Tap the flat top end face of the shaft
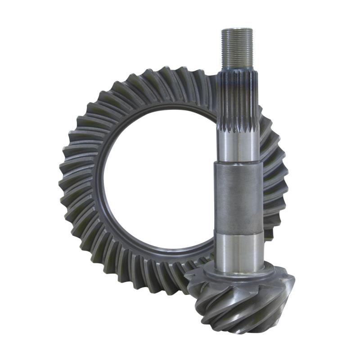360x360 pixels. (x=237, y=29)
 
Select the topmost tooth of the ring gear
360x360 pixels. (x=180, y=74)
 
